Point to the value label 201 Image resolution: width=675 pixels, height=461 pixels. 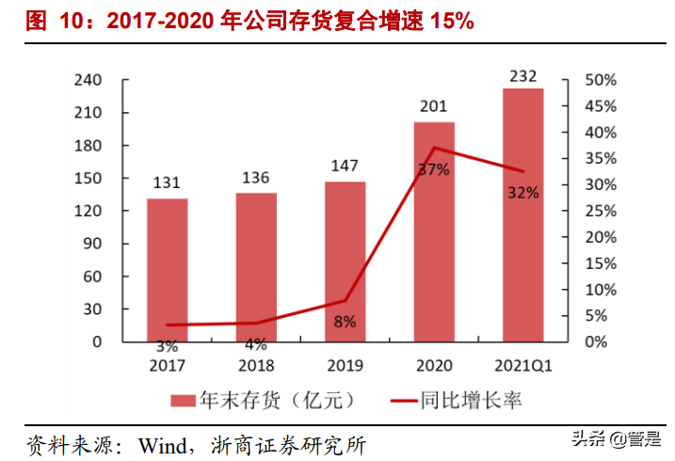point(434,106)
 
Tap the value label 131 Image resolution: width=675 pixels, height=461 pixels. point(167,183)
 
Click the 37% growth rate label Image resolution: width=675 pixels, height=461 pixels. point(434,169)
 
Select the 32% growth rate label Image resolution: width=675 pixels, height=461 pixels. point(522,193)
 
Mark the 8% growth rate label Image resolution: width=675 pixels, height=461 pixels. point(345,322)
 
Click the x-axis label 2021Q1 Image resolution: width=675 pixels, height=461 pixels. point(522,365)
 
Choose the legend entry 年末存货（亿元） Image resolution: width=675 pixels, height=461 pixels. point(264,401)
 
